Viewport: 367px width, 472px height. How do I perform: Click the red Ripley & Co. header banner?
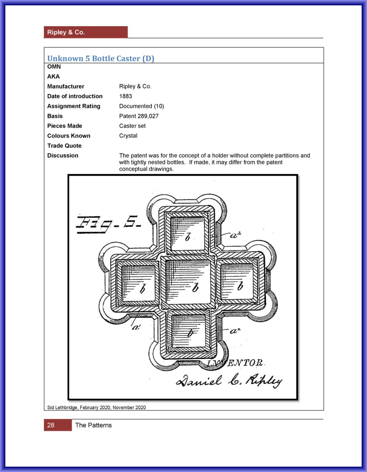point(86,32)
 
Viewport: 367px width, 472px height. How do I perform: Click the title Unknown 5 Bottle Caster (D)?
point(100,58)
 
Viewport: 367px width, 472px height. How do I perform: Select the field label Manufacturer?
point(66,86)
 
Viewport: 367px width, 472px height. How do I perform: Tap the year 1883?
point(125,96)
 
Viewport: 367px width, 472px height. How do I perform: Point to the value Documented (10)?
point(141,106)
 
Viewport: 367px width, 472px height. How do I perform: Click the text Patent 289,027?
point(139,116)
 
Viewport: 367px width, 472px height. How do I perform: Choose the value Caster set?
point(132,126)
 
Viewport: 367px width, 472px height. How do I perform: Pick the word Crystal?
point(128,136)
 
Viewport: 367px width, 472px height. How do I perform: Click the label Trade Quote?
point(64,146)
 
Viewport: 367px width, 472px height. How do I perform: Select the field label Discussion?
point(63,155)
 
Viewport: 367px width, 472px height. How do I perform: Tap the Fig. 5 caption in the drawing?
point(109,224)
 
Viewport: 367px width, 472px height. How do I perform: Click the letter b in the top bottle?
point(187,236)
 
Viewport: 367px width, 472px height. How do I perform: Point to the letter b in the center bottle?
point(195,287)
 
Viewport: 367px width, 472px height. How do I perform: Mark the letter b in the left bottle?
point(143,288)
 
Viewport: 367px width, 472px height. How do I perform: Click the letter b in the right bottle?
point(240,286)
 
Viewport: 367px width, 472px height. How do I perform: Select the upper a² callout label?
point(236,235)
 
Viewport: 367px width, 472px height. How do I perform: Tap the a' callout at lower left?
point(136,326)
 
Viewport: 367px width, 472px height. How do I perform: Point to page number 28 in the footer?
point(51,425)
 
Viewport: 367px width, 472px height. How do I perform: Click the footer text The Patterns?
point(93,425)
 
